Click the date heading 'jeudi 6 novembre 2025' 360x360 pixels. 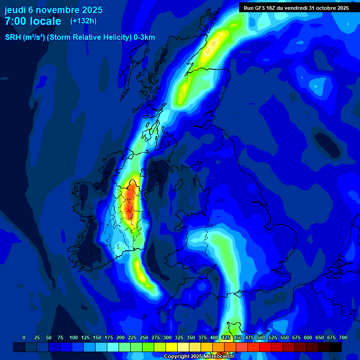point(53,10)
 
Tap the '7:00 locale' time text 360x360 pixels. point(33,21)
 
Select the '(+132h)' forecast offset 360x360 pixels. point(83,21)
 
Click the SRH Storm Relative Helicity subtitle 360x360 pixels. point(80,37)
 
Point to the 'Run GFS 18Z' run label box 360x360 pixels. point(296,8)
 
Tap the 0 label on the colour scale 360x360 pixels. point(24,337)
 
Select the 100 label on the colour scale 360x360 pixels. point(74,337)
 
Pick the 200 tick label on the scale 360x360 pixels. point(120,337)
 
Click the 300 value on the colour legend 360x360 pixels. point(167,337)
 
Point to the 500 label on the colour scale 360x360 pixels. point(261,337)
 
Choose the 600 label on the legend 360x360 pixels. point(308,337)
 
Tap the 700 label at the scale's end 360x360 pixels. point(343,337)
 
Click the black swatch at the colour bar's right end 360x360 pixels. point(336,347)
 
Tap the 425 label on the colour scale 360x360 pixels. point(226,337)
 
